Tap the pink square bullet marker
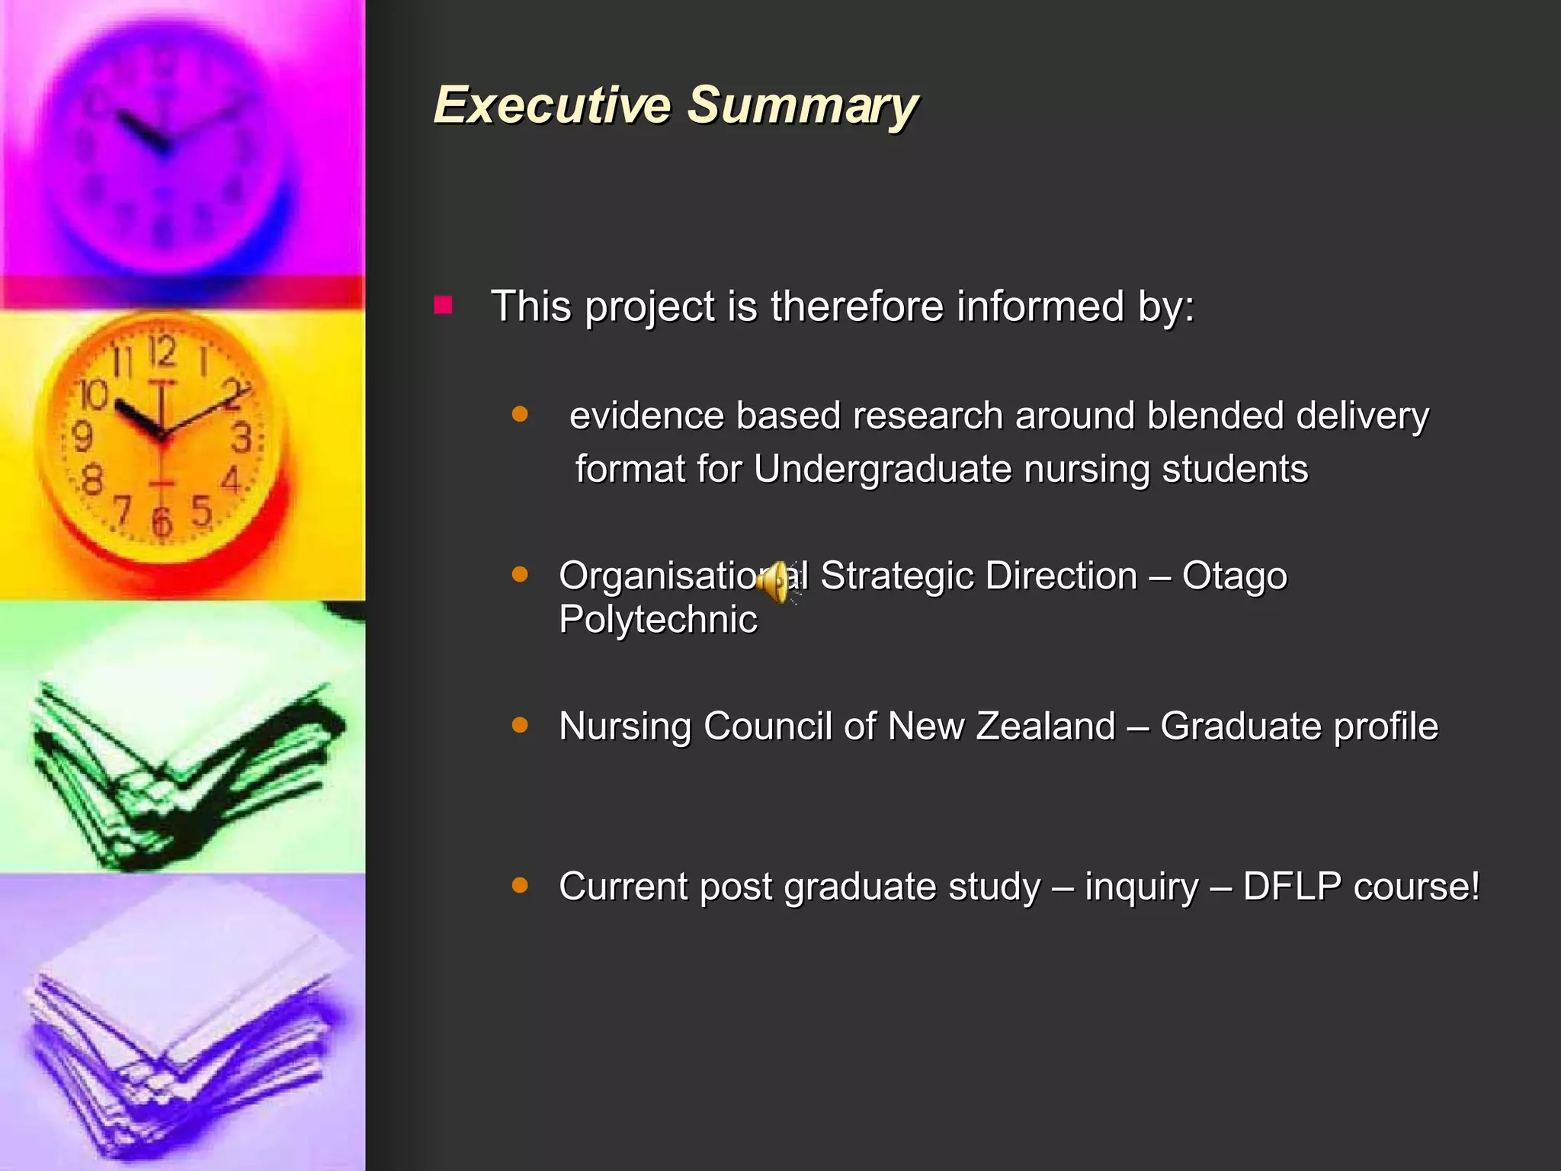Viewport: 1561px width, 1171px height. tap(443, 306)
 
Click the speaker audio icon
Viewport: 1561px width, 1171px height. tap(777, 581)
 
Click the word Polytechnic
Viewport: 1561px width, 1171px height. tap(658, 619)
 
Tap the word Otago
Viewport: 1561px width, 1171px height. tap(1234, 576)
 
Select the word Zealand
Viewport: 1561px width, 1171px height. tap(1046, 726)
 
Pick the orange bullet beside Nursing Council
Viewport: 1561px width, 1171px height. tap(520, 724)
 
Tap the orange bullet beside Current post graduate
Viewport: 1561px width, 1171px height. tap(520, 885)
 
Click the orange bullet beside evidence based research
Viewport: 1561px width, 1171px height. tap(520, 415)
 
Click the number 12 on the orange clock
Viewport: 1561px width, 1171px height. tap(162, 352)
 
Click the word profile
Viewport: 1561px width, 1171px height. tap(1386, 727)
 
